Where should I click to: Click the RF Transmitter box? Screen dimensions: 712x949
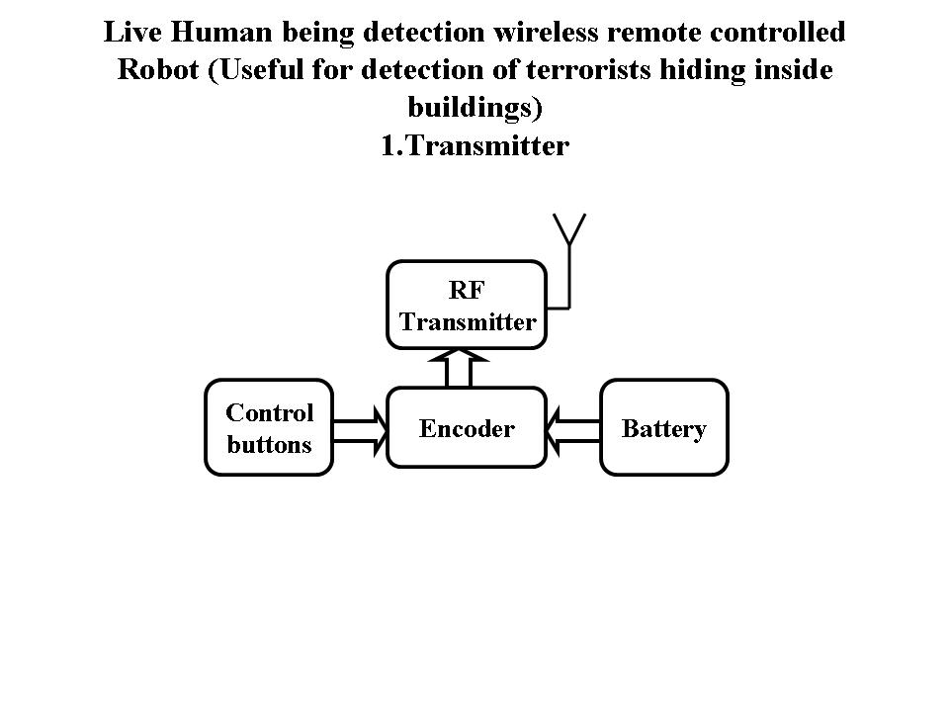click(467, 305)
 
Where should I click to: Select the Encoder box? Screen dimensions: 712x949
click(467, 428)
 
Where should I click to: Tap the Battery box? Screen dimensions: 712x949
click(664, 428)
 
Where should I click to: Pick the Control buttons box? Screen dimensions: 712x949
click(269, 428)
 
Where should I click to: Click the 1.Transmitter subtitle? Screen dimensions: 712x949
click(474, 146)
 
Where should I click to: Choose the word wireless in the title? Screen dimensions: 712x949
click(544, 33)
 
